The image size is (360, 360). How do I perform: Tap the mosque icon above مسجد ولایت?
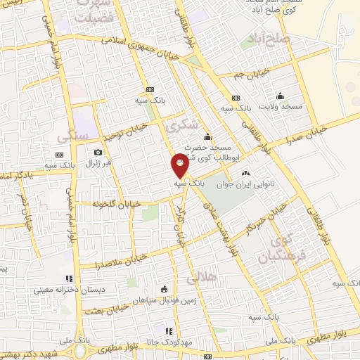pyautogui.click(x=281, y=96)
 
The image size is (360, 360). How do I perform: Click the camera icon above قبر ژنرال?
pyautogui.click(x=98, y=152)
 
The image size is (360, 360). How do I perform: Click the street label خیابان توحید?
pyautogui.click(x=126, y=131)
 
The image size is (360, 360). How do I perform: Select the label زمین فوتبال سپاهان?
pyautogui.click(x=164, y=299)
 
